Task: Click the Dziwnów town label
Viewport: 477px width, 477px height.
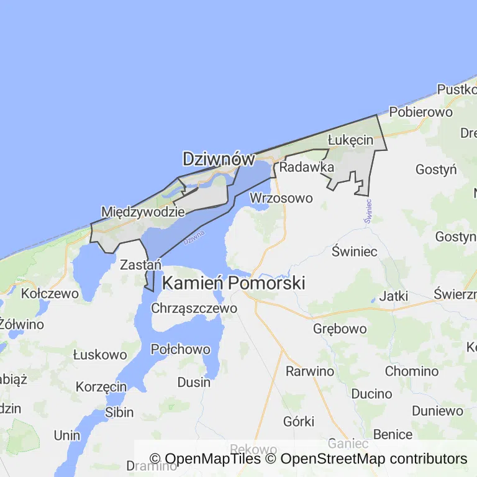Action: tap(219, 159)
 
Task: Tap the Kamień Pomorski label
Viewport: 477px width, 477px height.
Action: tap(234, 283)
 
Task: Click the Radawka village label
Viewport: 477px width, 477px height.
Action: tap(307, 167)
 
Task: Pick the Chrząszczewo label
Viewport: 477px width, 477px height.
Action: tap(194, 308)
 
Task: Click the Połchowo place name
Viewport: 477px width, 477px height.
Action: tap(181, 349)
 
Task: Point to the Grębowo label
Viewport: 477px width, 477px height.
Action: tap(340, 329)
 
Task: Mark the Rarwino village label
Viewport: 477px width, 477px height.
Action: tap(309, 371)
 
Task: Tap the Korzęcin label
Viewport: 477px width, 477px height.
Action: tap(101, 386)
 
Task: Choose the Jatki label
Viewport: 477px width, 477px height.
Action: tap(393, 296)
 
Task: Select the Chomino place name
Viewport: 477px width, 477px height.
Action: tap(412, 371)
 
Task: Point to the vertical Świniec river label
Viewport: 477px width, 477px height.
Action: tap(368, 211)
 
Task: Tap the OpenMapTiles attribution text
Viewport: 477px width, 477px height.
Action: tap(205, 459)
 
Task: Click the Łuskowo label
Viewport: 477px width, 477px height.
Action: tap(100, 355)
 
